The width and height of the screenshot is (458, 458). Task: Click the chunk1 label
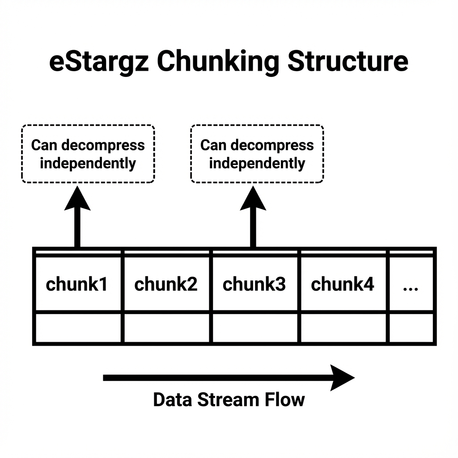point(77,284)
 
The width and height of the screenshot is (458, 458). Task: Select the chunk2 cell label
point(166,284)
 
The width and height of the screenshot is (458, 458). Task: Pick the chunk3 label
point(254,284)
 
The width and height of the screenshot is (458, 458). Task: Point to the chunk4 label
point(343,284)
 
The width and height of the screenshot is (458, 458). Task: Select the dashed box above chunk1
point(88,154)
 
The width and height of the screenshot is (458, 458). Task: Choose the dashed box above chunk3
point(257,154)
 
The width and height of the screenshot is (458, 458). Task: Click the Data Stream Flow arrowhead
point(342,378)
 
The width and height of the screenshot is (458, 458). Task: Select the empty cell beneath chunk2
point(167,328)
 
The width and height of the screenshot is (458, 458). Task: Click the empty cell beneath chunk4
point(343,328)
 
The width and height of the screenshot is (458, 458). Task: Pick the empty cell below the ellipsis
point(411,328)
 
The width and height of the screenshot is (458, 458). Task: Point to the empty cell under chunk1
point(78,328)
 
